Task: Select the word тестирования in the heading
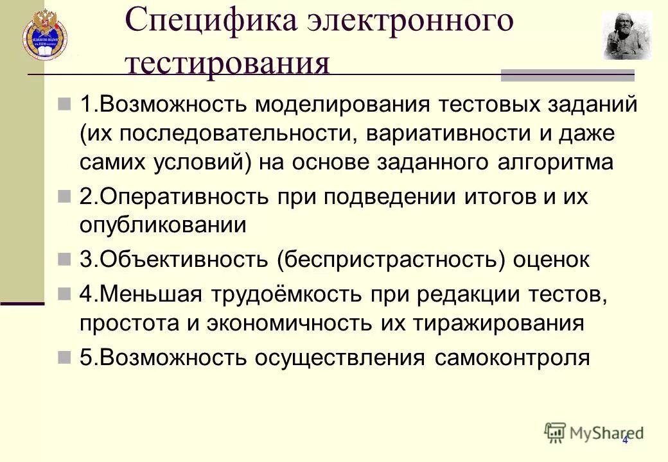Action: (228, 64)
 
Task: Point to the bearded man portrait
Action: (626, 36)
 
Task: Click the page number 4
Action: (624, 440)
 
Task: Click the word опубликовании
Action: (163, 225)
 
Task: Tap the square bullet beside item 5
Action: (64, 357)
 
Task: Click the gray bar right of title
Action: (567, 76)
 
